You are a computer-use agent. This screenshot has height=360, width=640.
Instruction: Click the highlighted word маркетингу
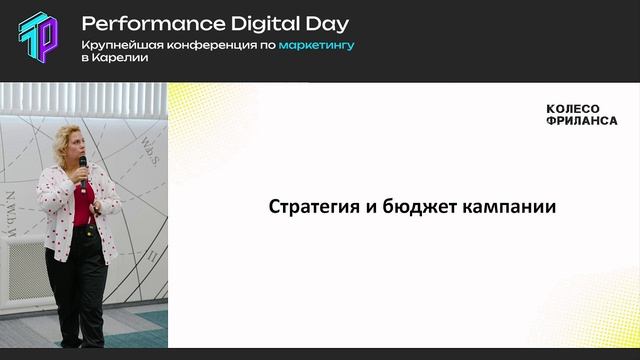pos(317,45)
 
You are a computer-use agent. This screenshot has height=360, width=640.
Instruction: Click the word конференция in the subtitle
pos(207,45)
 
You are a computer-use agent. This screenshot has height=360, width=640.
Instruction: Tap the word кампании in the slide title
pos(509,208)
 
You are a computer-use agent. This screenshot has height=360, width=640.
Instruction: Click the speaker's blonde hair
pos(76,132)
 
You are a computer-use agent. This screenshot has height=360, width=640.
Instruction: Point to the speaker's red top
pos(82,205)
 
